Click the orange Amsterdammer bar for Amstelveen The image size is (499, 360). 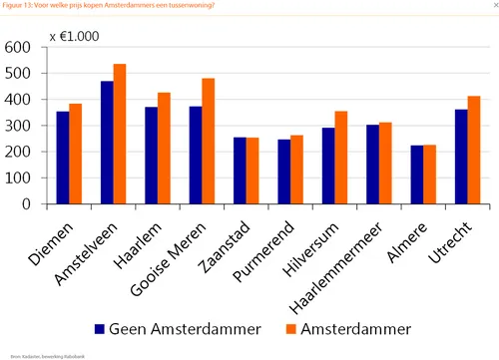pyautogui.click(x=120, y=134)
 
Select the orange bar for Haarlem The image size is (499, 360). pyautogui.click(x=164, y=148)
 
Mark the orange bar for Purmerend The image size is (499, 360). pyautogui.click(x=297, y=170)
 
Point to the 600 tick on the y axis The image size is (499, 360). pyautogui.click(x=17, y=47)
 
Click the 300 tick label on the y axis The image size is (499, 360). pyautogui.click(x=17, y=126)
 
